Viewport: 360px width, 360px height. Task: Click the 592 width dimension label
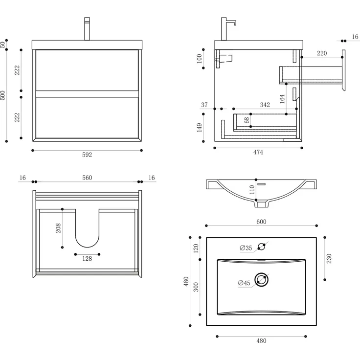pos(87,155)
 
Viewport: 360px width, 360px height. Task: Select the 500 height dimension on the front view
pos(4,95)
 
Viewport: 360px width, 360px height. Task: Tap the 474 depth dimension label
pos(258,152)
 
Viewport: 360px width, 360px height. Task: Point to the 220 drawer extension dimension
pos(322,53)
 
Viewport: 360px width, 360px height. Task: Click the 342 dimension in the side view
pos(265,105)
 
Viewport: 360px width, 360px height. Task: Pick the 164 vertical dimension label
pos(282,98)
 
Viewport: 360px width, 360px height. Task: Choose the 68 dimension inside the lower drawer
pos(247,120)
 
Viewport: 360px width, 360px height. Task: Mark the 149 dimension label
pos(200,128)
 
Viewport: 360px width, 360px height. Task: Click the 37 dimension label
pos(204,105)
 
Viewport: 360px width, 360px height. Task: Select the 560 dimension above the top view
pos(87,178)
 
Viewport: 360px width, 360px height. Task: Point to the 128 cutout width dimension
pos(87,259)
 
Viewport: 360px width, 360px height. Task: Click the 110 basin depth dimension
pos(252,190)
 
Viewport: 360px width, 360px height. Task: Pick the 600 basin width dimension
pos(261,222)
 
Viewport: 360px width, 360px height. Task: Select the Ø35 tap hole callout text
pos(246,248)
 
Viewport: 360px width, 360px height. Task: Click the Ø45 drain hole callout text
pos(244,283)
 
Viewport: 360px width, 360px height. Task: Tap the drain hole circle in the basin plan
pos(262,280)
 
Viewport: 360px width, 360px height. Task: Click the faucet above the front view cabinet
pos(87,29)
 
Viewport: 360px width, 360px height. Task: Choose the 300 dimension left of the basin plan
pos(196,287)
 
